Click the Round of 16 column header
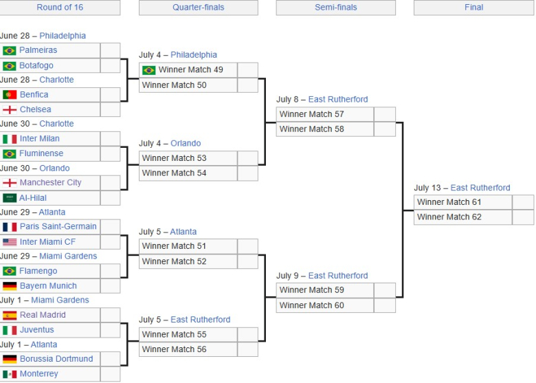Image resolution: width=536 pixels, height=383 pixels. tap(60, 7)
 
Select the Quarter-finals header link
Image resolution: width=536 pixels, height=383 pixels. tap(199, 7)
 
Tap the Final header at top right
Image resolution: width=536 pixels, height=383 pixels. tap(473, 7)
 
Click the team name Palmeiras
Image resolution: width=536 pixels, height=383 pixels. tap(38, 50)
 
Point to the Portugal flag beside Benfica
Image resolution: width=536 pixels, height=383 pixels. tap(10, 95)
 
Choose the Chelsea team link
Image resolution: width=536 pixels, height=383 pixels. tap(36, 109)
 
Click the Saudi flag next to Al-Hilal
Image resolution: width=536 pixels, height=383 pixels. tap(10, 198)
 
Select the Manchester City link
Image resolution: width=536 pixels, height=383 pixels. tap(51, 183)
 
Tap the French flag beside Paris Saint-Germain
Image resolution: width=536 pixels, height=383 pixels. tap(10, 227)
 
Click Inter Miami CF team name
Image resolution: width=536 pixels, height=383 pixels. tap(47, 242)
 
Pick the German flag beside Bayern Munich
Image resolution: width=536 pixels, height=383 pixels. tap(10, 286)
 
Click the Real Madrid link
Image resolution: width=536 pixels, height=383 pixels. tap(43, 315)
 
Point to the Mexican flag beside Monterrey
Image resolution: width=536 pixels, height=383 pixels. tap(10, 374)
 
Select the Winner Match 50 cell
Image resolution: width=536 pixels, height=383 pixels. tap(188, 85)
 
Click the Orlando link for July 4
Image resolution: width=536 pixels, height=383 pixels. tap(186, 143)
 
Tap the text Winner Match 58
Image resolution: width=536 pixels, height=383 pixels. tap(312, 129)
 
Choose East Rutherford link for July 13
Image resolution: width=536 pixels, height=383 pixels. tap(480, 188)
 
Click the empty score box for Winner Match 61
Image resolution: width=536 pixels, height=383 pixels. tap(523, 202)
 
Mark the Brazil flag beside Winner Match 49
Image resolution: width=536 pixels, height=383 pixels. tap(148, 70)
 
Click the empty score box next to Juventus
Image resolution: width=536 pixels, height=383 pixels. tap(111, 330)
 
